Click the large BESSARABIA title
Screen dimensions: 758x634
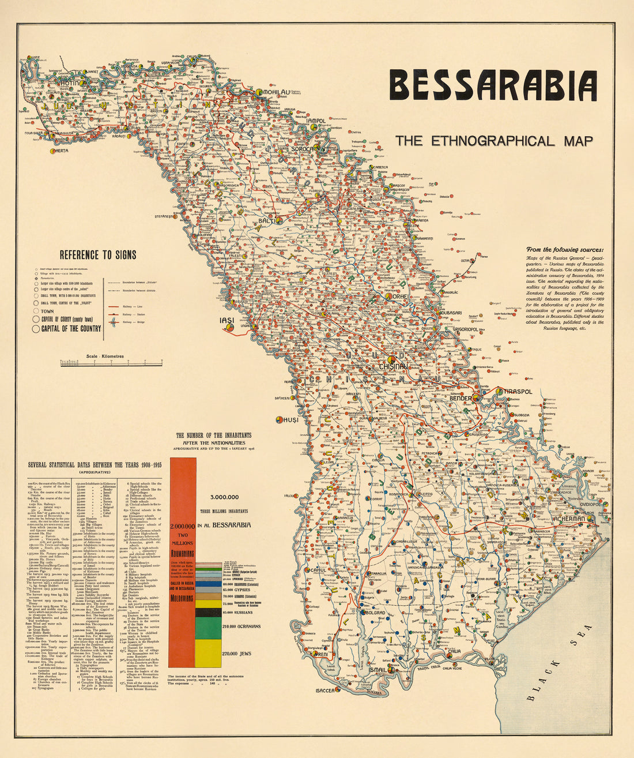tap(493, 86)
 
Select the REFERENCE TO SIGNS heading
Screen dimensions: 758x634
tap(98, 255)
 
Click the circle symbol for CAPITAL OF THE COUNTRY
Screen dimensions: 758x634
tap(36, 329)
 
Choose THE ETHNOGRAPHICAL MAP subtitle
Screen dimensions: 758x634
tap(493, 141)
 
